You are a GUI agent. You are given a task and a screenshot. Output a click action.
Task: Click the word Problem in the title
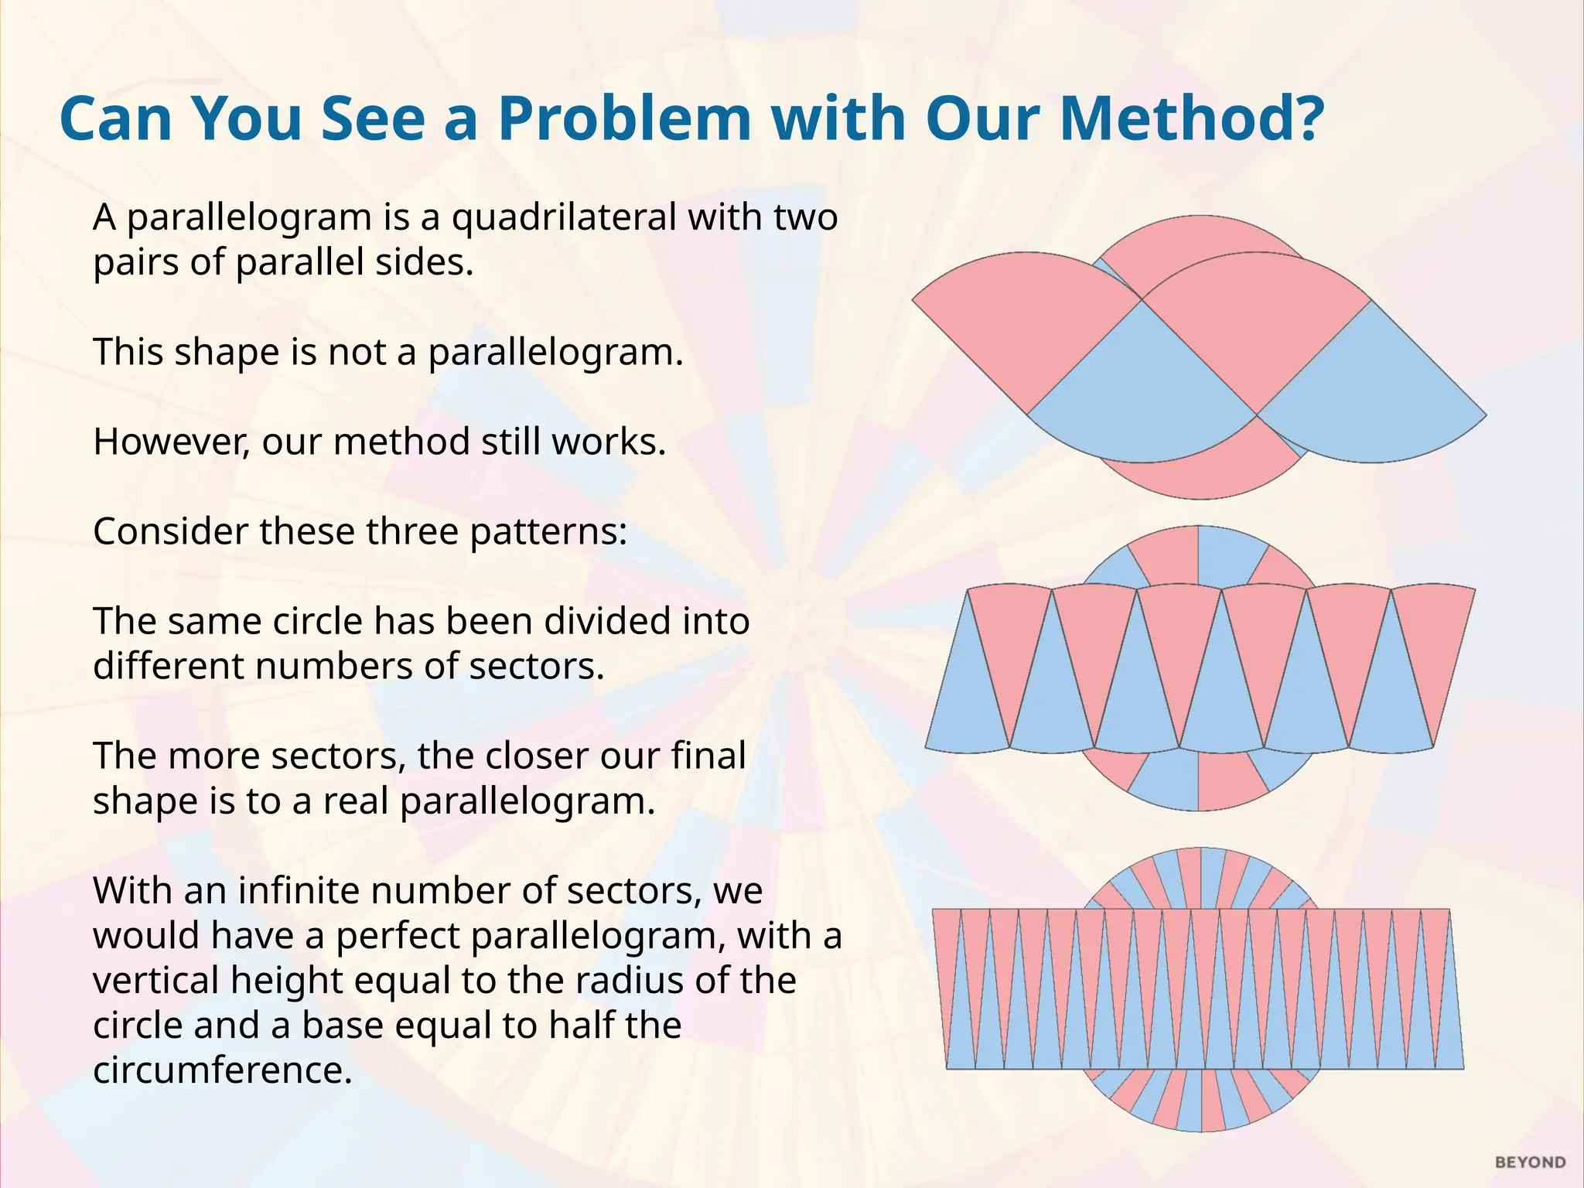[x=624, y=119]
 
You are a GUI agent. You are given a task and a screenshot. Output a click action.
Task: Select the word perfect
[x=394, y=936]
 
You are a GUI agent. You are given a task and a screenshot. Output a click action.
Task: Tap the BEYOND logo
[x=1530, y=1162]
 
